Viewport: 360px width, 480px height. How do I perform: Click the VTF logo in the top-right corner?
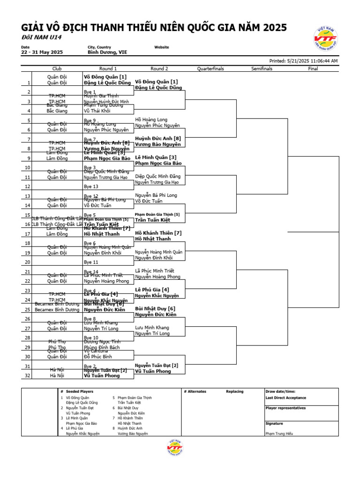[325, 39]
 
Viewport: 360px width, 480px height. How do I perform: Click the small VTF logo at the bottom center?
[174, 448]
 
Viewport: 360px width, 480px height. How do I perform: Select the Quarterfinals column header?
[210, 69]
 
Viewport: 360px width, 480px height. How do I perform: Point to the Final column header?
[313, 69]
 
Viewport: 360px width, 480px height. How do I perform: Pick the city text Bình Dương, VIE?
[107, 52]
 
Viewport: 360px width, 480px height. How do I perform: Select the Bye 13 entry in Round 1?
[91, 187]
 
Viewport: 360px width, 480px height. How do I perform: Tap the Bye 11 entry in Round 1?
[91, 262]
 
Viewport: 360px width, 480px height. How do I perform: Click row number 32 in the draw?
[27, 375]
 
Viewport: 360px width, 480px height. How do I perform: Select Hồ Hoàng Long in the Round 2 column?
[151, 120]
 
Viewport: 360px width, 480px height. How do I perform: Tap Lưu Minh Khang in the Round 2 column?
[152, 328]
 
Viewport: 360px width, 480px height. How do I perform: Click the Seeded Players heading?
[80, 391]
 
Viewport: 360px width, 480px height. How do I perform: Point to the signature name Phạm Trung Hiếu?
[279, 434]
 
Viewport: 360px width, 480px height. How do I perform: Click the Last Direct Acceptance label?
[285, 397]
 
